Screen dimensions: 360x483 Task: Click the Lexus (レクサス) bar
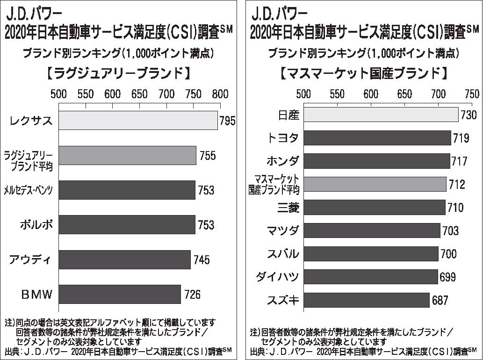click(138, 121)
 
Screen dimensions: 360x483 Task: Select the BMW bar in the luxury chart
click(120, 294)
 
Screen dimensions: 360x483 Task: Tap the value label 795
click(227, 122)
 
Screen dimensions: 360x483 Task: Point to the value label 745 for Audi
click(202, 260)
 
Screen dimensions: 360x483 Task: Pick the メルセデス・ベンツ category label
click(28, 190)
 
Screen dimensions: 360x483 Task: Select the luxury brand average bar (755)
click(127, 155)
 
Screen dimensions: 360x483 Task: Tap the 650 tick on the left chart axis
click(139, 94)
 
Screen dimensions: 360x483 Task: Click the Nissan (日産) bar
click(381, 115)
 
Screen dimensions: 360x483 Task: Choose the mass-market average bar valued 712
click(375, 184)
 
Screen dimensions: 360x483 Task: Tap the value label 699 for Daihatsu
click(447, 277)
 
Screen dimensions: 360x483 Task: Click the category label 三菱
click(286, 208)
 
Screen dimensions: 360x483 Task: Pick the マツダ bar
click(372, 230)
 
